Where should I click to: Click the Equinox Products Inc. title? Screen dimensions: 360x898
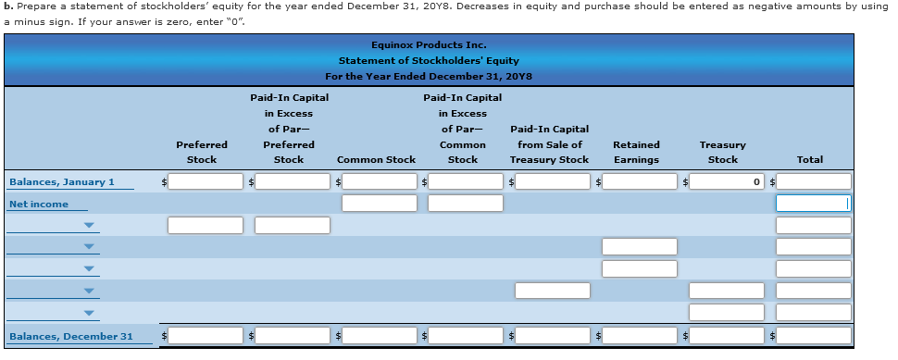coord(428,44)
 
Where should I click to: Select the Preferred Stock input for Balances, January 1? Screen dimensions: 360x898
coord(206,181)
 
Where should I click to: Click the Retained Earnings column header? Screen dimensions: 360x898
coord(636,152)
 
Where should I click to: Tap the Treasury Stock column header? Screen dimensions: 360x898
coord(723,152)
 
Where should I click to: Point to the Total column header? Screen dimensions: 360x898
coord(809,159)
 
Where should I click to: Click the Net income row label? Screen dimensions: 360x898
coord(39,204)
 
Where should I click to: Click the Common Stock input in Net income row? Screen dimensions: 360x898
coord(380,203)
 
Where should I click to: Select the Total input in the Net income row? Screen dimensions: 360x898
coord(813,203)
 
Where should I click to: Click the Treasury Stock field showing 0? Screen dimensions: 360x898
coord(727,181)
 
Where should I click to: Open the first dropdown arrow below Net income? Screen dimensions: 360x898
coord(89,225)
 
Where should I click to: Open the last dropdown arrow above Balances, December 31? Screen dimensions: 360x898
coord(89,313)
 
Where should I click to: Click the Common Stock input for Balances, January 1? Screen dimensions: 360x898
coord(380,181)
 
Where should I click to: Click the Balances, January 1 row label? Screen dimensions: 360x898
coord(62,181)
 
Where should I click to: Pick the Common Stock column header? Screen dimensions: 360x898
coord(376,159)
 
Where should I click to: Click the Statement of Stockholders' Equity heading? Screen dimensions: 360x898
coord(428,60)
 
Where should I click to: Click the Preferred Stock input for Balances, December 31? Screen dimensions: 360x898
coord(206,335)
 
